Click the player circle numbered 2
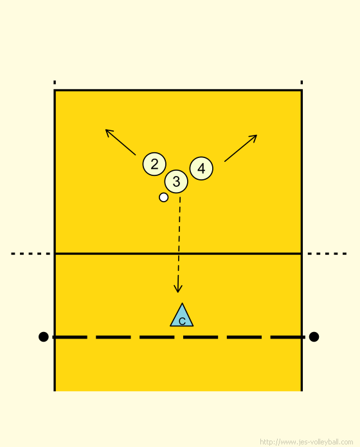tap(154, 164)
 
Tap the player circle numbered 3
tap(176, 181)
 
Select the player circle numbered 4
tap(201, 168)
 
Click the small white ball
tap(163, 197)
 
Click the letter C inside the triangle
tap(182, 322)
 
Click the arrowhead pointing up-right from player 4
tap(254, 137)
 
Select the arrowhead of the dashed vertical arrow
tap(178, 289)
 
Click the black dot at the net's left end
tap(43, 337)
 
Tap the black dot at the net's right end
tap(314, 337)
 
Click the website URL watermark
tap(307, 442)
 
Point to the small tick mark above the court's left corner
tap(55, 82)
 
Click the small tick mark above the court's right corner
tap(301, 82)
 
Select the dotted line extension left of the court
tap(30, 254)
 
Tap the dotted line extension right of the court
tap(327, 254)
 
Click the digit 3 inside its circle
tap(176, 181)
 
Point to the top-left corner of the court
tap(55, 91)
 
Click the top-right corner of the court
tap(301, 91)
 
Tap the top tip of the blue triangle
tap(182, 303)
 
